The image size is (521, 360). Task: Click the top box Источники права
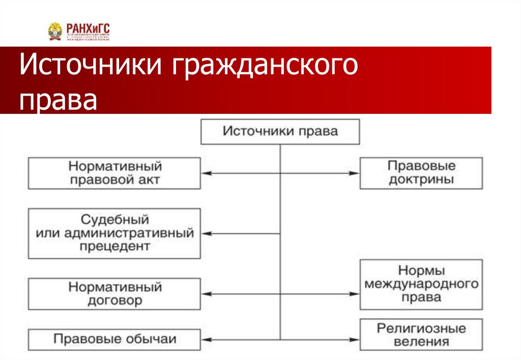click(x=280, y=132)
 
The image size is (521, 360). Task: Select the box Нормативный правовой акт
click(x=114, y=173)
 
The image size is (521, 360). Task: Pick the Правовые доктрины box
click(x=421, y=173)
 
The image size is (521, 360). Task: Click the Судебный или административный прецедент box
click(x=114, y=233)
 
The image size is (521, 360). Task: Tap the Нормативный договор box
click(x=114, y=294)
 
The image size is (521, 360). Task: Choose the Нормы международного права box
click(x=421, y=284)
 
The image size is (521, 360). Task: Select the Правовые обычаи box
click(x=114, y=339)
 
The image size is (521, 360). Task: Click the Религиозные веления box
click(x=421, y=335)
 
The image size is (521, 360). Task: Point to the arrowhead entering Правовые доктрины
click(x=355, y=173)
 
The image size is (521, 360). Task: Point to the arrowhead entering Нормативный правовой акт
click(x=206, y=173)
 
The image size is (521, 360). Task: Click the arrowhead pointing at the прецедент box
click(x=206, y=233)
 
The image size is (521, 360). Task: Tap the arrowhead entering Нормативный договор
click(x=206, y=294)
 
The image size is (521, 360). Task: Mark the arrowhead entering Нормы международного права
click(x=355, y=294)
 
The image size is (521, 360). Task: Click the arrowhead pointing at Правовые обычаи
click(x=206, y=339)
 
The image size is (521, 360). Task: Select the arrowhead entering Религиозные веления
click(x=355, y=339)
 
